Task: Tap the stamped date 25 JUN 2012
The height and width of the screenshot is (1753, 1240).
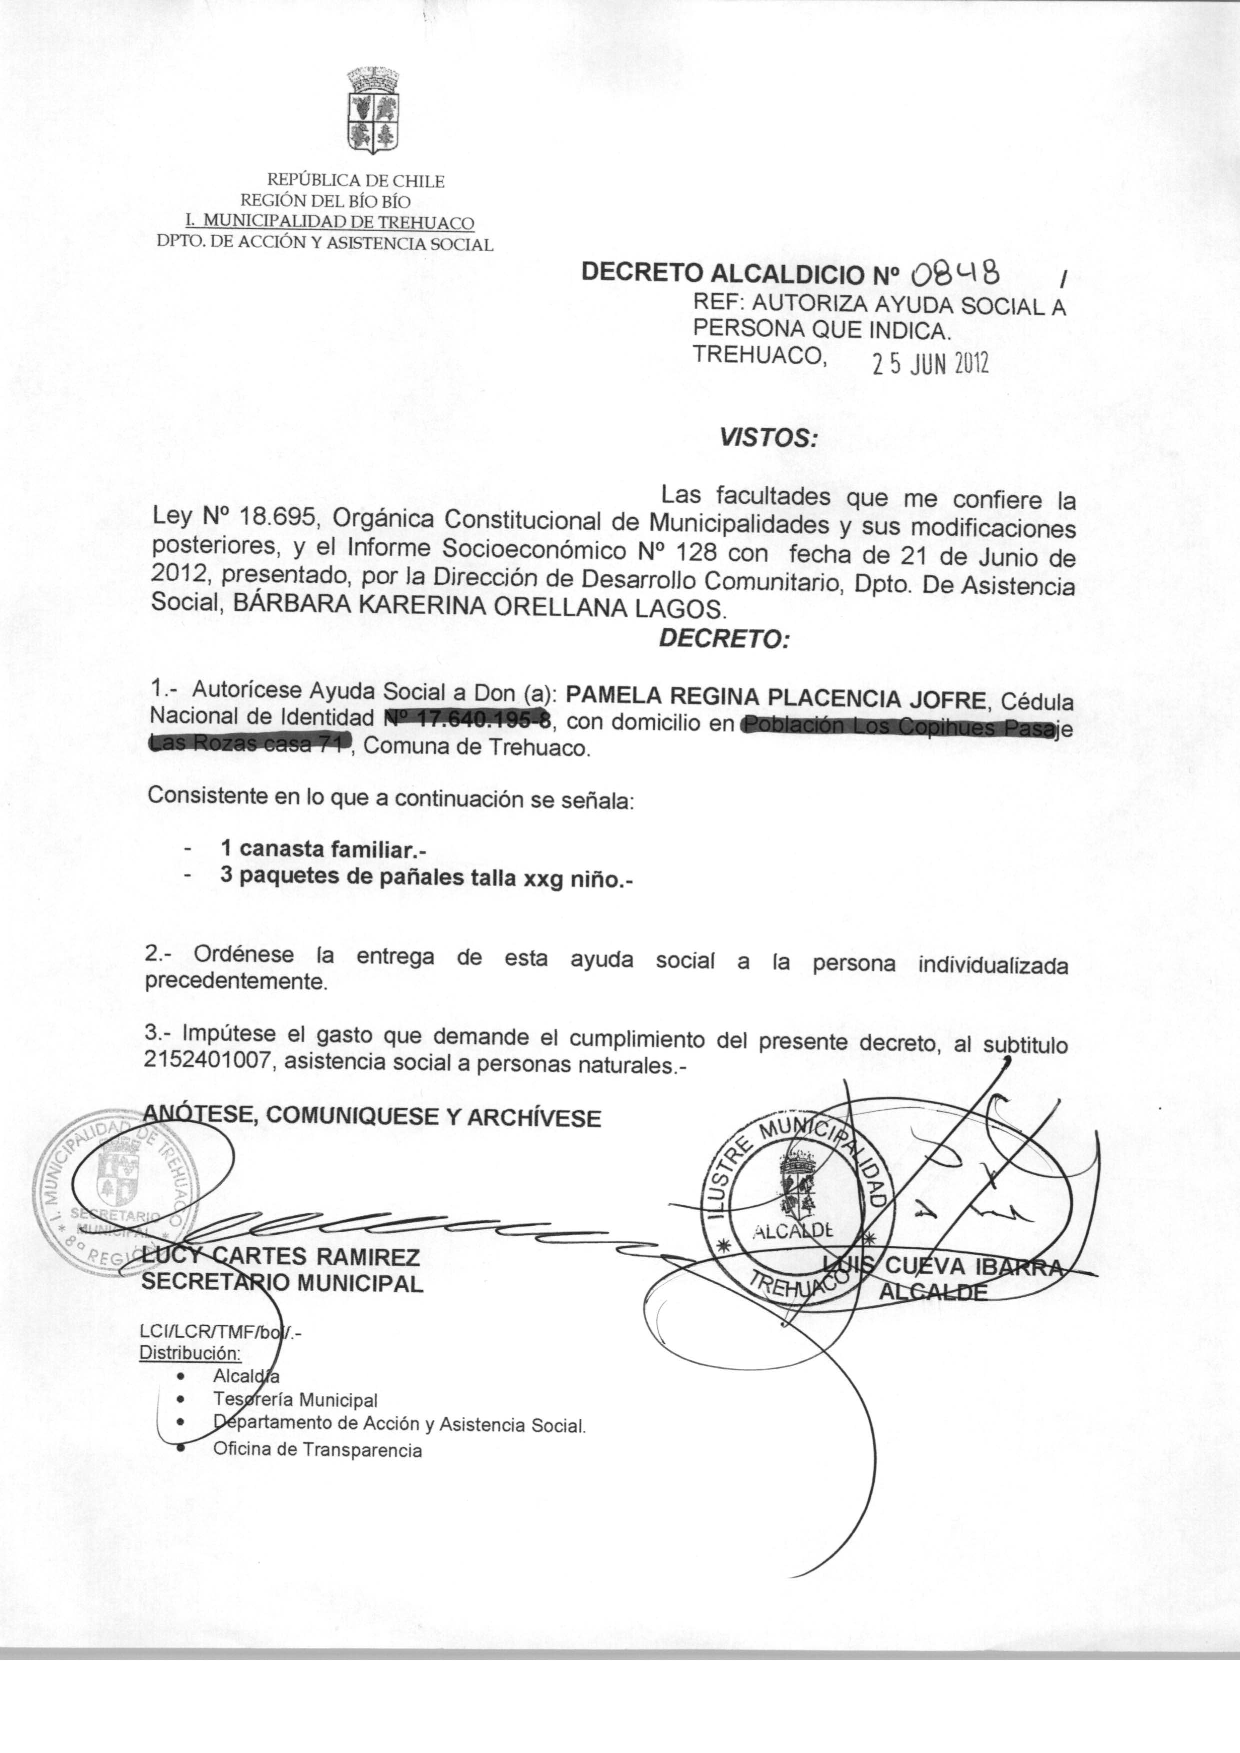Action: pos(930,366)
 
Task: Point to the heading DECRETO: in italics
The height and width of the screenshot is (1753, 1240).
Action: pos(723,638)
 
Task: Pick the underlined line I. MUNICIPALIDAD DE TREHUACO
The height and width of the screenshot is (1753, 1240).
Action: pos(330,223)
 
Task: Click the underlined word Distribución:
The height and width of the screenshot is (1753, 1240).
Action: pos(190,1352)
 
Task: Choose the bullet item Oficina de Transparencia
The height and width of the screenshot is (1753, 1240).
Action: pos(317,1450)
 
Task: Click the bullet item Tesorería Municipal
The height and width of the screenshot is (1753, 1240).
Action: pos(295,1400)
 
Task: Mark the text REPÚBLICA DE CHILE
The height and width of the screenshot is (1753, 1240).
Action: pos(355,181)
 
